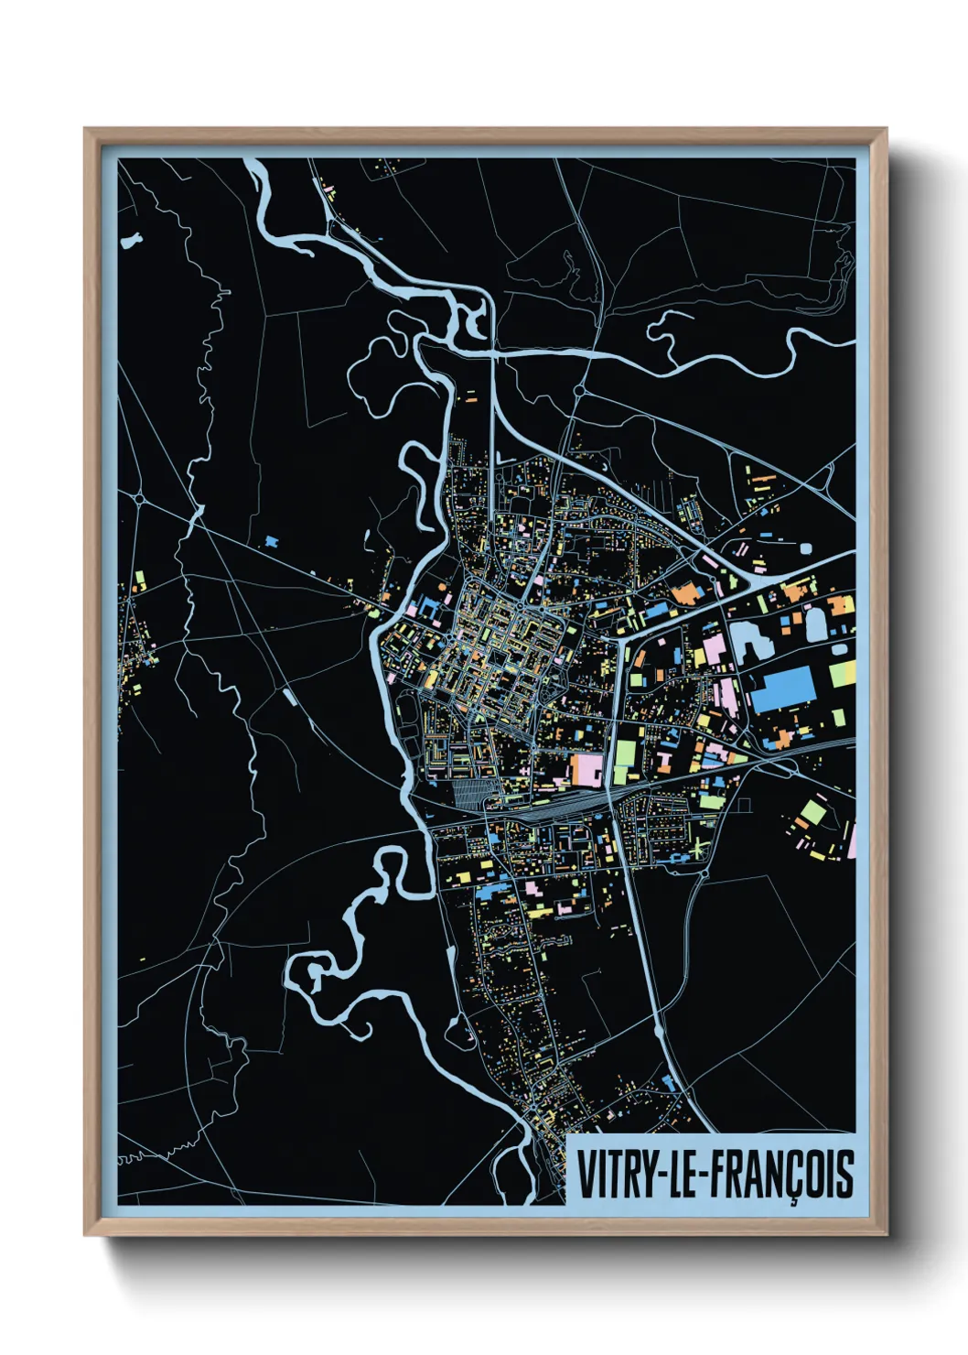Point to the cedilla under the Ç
point(794,1200)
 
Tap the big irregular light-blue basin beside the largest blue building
point(749,640)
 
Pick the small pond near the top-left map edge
point(132,242)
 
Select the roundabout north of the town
point(579,391)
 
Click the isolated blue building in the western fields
point(271,542)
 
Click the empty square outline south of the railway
point(743,806)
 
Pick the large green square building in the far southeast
point(812,812)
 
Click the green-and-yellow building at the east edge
point(842,675)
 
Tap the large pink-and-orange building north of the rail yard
point(586,769)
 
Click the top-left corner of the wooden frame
point(86,130)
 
